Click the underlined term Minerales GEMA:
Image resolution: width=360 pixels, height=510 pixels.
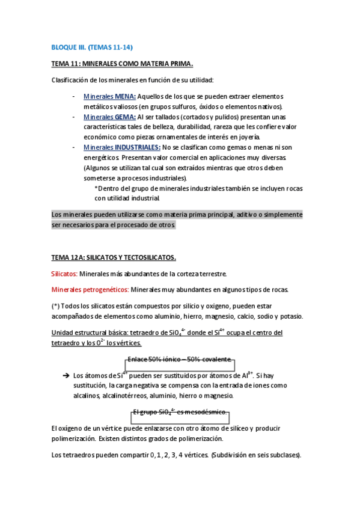pyautogui.click(x=109, y=117)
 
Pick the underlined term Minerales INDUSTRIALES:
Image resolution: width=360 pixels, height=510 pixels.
pyautogui.click(x=122, y=147)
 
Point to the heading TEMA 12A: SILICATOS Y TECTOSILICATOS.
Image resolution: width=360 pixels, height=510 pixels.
pyautogui.click(x=114, y=257)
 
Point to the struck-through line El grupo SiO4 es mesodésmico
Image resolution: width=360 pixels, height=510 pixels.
pyautogui.click(x=180, y=412)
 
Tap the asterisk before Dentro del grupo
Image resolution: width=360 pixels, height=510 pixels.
pyautogui.click(x=96, y=188)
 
